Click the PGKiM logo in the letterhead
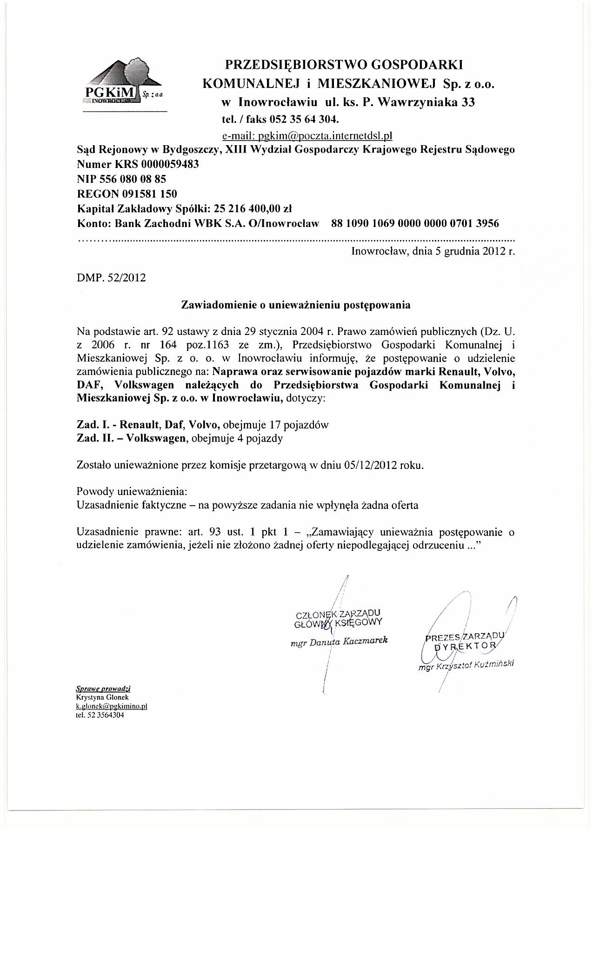point(124,83)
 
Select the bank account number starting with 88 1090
point(415,223)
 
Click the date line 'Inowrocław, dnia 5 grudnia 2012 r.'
point(433,252)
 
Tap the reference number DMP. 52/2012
point(111,278)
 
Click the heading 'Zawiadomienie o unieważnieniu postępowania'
point(296,305)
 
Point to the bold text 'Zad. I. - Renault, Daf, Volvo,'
point(148,424)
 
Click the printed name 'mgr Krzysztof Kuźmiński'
point(466,666)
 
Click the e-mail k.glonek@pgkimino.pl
point(112,706)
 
